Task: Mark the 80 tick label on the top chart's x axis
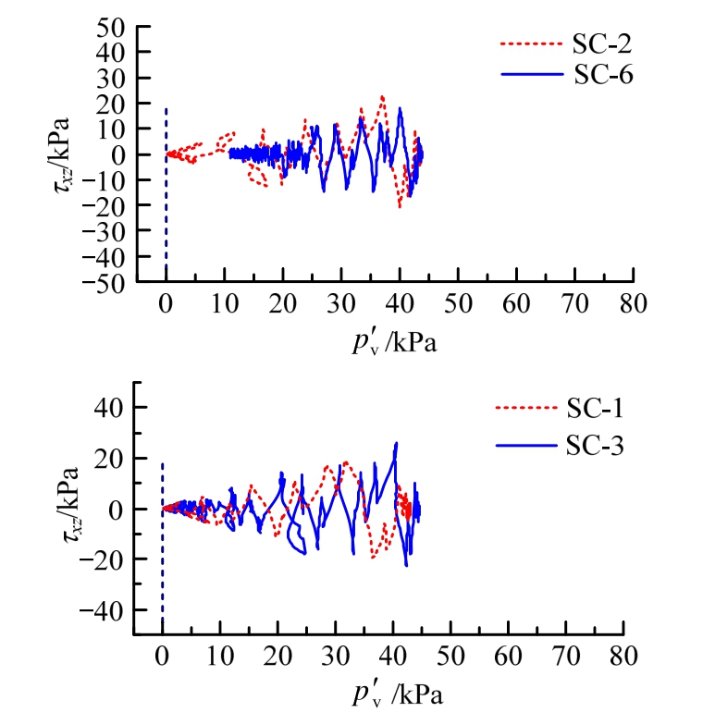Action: tap(634, 302)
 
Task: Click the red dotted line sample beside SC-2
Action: tap(531, 44)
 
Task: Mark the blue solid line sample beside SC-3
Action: tap(526, 447)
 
